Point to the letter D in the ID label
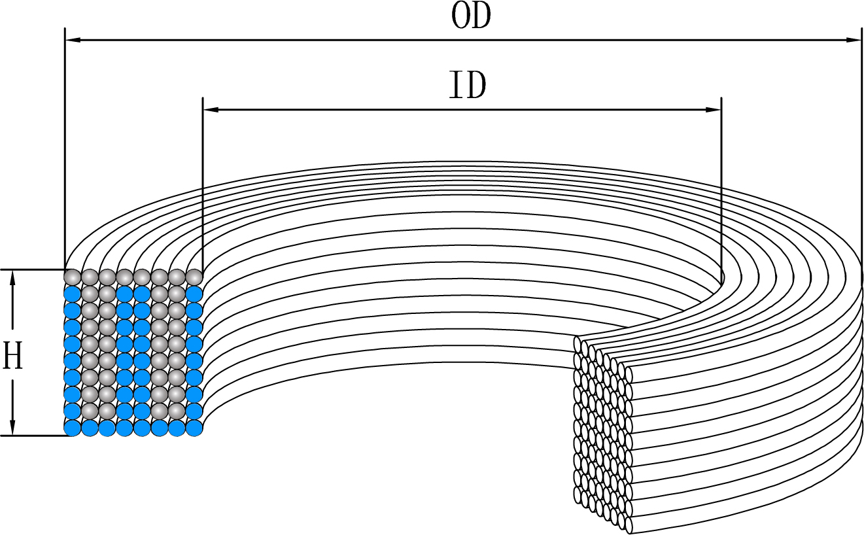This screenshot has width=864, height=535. [x=475, y=86]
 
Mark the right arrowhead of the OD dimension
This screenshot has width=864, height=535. [x=854, y=40]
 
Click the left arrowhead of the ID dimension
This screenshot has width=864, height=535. [x=211, y=109]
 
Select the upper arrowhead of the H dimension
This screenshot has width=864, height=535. [x=13, y=277]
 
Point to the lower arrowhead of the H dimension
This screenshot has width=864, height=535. [x=13, y=426]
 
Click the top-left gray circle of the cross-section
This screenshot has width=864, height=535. [x=72, y=276]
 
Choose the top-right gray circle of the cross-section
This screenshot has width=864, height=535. [x=194, y=276]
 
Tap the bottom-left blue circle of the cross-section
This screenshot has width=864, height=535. [x=72, y=428]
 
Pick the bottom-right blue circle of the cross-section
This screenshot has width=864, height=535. [x=194, y=428]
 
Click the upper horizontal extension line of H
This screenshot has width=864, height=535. [x=33, y=269]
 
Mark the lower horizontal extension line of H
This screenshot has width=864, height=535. [x=33, y=435]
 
